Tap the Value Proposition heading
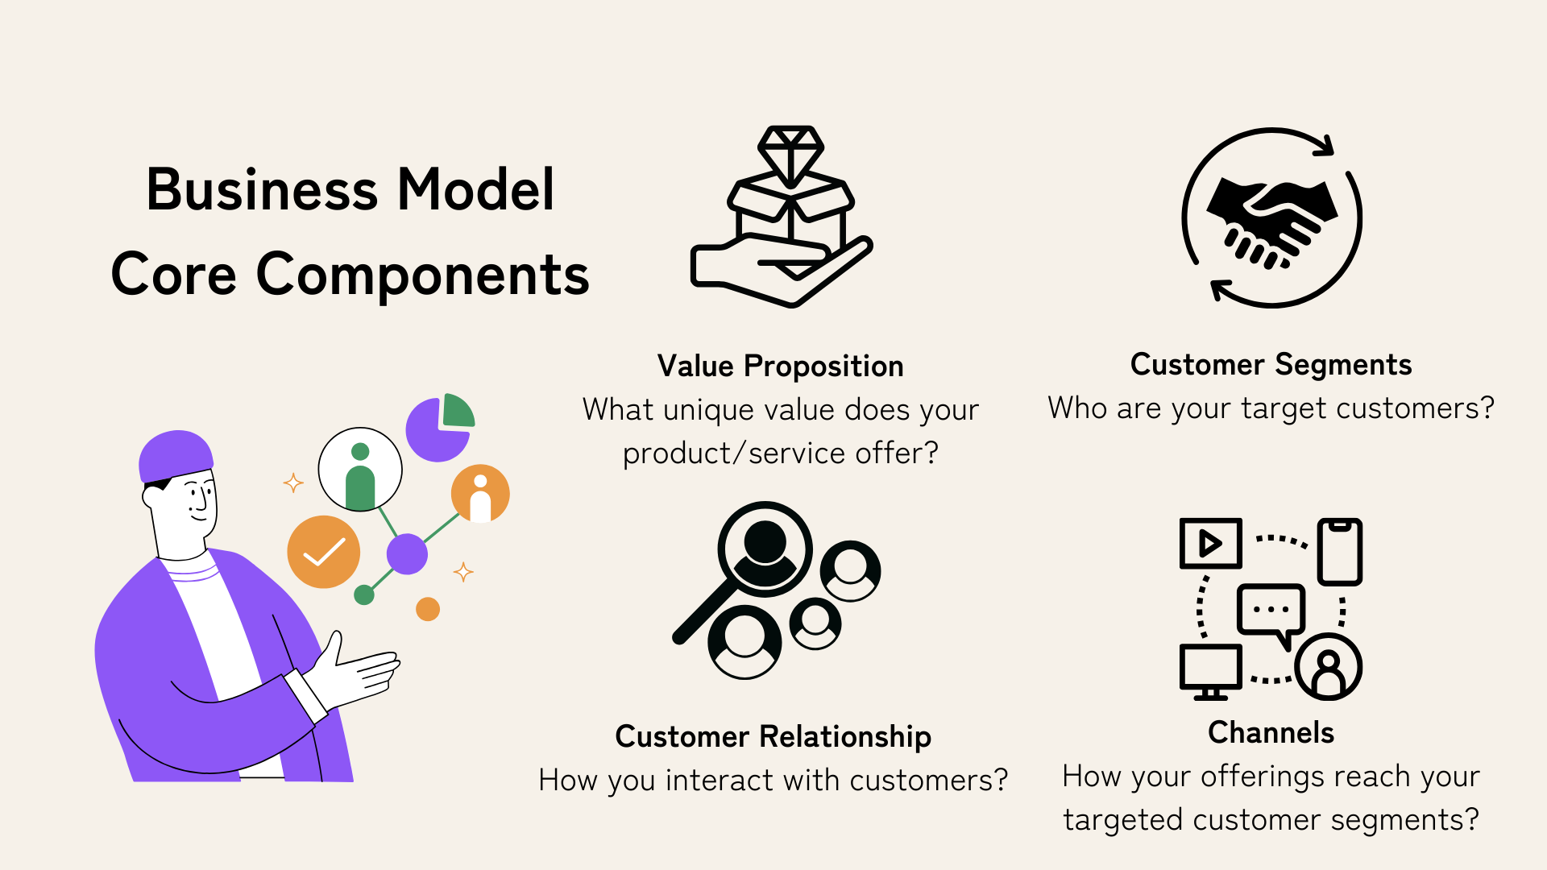(x=780, y=367)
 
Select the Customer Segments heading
(x=1271, y=366)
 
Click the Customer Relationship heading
(x=773, y=737)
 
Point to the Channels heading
(x=1271, y=732)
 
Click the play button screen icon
(x=1210, y=544)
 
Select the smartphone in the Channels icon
(x=1340, y=552)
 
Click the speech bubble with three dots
(x=1271, y=613)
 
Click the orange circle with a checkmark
(x=324, y=552)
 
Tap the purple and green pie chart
(x=440, y=427)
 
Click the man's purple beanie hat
(x=176, y=456)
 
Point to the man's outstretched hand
(x=355, y=670)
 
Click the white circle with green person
(x=360, y=470)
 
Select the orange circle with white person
(x=480, y=494)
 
